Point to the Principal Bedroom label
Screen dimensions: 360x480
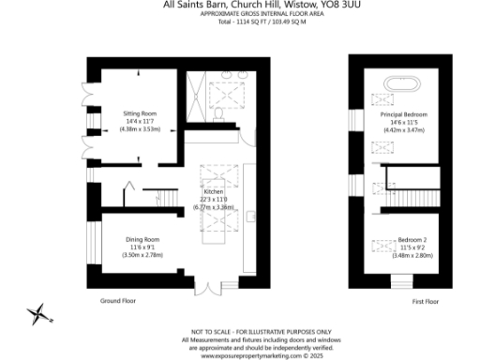point(403,114)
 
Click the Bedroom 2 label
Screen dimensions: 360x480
point(403,239)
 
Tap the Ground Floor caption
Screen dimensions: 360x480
point(118,302)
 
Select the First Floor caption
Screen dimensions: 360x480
point(425,302)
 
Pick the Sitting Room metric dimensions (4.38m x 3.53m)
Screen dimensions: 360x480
point(139,128)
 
